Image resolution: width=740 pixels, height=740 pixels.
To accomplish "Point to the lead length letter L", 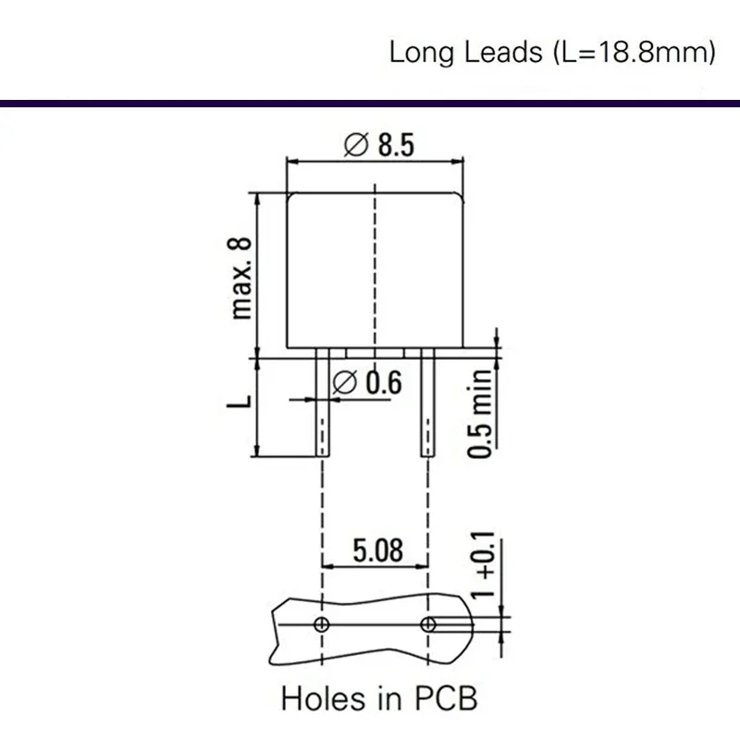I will click(x=241, y=402).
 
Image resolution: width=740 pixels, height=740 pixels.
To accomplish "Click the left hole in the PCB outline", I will click(x=321, y=624).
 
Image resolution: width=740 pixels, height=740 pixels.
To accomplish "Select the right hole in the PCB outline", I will click(x=427, y=624).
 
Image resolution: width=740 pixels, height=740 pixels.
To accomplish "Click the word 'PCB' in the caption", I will click(x=446, y=697).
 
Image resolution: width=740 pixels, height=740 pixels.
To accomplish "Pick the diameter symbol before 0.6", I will click(x=344, y=382).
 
